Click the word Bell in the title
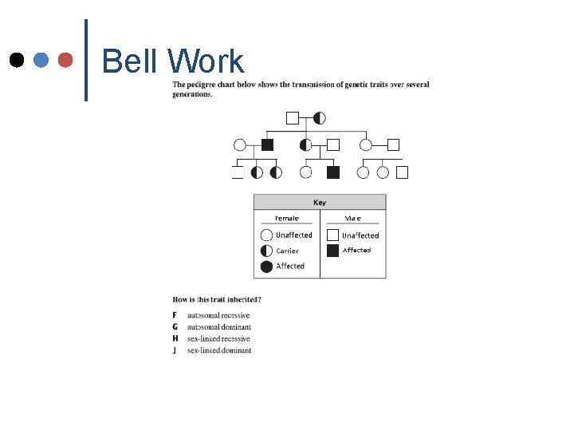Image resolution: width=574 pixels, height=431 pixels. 132,61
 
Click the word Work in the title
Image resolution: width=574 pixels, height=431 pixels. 206,61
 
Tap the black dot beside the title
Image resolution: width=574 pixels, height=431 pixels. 16,60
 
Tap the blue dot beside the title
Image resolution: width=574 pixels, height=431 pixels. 41,60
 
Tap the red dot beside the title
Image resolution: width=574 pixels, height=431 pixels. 66,60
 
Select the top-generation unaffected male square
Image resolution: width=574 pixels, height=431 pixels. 293,118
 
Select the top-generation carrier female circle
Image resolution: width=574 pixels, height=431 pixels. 319,118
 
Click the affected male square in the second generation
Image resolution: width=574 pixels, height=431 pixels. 268,144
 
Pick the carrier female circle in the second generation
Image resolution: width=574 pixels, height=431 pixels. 305,144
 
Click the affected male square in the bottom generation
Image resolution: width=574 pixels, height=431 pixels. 333,172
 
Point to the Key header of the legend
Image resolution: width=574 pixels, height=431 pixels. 320,203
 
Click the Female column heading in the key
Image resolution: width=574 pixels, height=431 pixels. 287,218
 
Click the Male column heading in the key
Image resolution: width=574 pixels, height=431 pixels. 352,218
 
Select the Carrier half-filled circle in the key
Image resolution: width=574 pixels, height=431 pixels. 266,251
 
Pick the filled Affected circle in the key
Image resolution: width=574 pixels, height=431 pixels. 266,266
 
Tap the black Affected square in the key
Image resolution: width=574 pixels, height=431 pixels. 332,251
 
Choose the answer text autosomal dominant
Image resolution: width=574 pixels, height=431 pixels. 219,327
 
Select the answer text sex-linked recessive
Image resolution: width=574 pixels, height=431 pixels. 218,339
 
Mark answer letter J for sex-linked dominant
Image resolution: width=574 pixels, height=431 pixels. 175,350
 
